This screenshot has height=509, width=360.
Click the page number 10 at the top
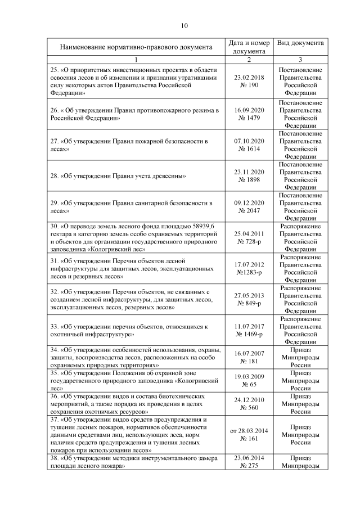(183, 25)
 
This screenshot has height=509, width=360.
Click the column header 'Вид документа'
(300, 43)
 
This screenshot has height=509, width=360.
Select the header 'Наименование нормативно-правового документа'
(136, 47)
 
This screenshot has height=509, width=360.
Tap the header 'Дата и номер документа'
(249, 47)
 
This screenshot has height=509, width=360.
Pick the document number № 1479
(249, 118)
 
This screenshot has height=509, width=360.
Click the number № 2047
(249, 211)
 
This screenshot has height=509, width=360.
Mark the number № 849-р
(249, 303)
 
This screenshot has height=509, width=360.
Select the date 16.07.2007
(249, 353)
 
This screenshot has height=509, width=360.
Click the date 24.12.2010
(249, 399)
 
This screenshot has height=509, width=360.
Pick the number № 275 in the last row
(249, 466)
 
